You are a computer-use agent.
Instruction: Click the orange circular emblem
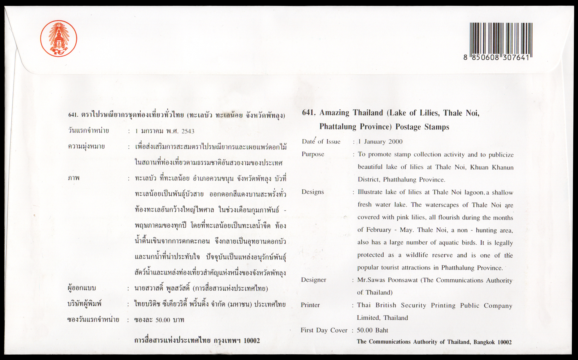59,38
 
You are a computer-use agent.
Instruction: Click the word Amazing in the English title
334,113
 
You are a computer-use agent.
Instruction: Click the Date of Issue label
321,142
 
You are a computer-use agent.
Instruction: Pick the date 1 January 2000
380,142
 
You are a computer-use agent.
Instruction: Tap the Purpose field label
313,154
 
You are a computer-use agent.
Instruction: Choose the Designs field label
312,192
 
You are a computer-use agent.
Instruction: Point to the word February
378,230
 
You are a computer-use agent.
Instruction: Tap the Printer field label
310,305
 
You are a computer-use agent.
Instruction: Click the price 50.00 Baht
372,330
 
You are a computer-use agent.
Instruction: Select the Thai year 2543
188,131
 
